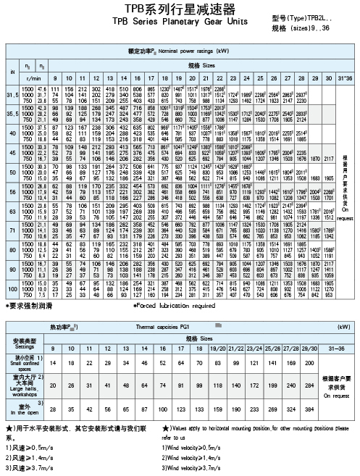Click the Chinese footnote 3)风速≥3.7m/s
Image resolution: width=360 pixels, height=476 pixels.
pyautogui.click(x=28, y=468)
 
